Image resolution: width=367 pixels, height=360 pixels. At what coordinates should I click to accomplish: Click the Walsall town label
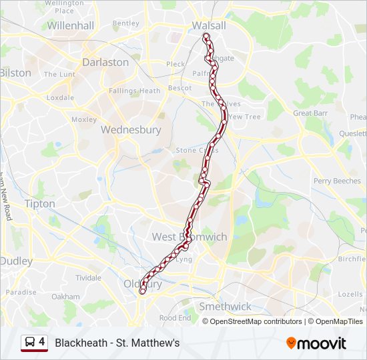(209, 25)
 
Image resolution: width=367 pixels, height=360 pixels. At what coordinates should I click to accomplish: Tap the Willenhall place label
(70, 25)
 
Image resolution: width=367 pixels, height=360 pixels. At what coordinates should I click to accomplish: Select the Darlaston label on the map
(105, 62)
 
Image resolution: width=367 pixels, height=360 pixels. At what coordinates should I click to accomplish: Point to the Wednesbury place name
(131, 130)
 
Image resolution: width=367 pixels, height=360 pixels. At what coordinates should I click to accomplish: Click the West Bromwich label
(190, 237)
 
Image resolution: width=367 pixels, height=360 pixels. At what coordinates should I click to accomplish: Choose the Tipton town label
(39, 203)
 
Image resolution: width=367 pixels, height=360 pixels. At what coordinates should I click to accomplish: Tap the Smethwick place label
(226, 307)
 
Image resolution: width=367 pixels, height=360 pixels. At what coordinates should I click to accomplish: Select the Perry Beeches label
(337, 181)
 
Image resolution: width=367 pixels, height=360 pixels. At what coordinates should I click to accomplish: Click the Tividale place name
(88, 277)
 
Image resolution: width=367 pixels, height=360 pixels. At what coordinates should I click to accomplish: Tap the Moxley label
(84, 119)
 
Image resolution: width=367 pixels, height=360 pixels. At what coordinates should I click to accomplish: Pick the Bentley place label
(125, 23)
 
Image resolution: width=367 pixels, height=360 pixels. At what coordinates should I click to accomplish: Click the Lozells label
(350, 294)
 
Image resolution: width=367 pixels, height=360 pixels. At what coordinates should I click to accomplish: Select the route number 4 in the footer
(42, 342)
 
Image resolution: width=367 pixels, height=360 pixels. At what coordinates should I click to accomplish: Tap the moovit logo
(316, 343)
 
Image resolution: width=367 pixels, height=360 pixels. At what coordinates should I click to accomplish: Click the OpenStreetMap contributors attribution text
(256, 321)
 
